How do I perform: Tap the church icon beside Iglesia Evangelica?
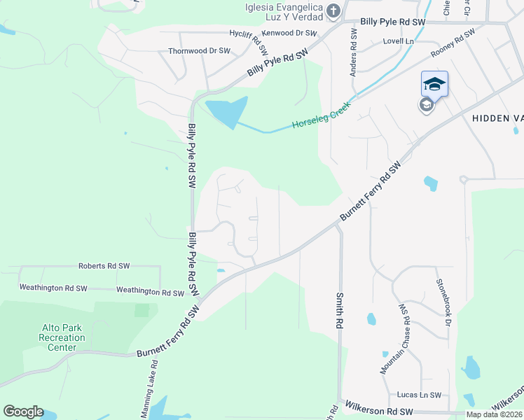pyautogui.click(x=333, y=10)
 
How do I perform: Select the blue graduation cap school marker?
pyautogui.click(x=434, y=85)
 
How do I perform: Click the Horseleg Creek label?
pyautogui.click(x=320, y=118)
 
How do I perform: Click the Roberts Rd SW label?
pyautogui.click(x=104, y=266)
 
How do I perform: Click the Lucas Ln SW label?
pyautogui.click(x=419, y=395)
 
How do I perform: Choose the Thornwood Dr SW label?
pyautogui.click(x=199, y=51)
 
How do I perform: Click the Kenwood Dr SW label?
pyautogui.click(x=289, y=33)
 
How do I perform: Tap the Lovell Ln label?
pyautogui.click(x=398, y=42)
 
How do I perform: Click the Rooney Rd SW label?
pyautogui.click(x=453, y=43)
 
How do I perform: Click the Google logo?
pyautogui.click(x=23, y=412)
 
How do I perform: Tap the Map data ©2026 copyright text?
pyautogui.click(x=495, y=414)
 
